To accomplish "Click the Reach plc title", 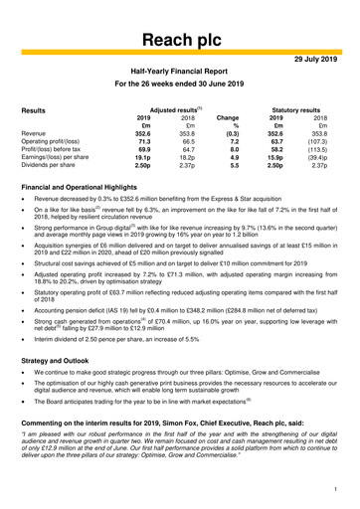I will click(x=179, y=39).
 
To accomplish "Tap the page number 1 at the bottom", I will click(x=337, y=489).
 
